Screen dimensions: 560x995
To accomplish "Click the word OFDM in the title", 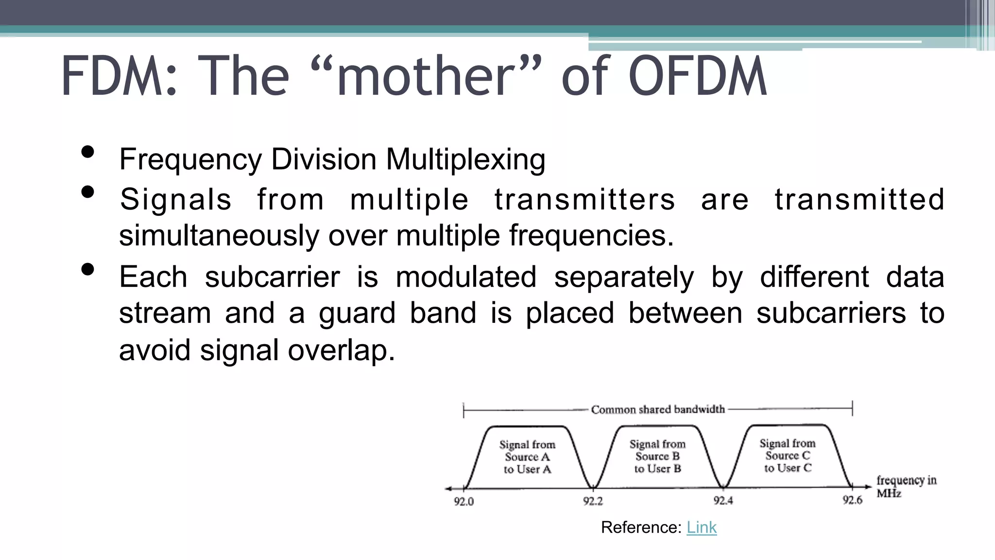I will (698, 76).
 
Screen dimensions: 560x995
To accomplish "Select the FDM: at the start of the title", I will (119, 76).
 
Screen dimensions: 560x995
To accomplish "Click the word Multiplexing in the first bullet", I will (465, 159).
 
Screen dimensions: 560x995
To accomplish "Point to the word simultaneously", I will (219, 236).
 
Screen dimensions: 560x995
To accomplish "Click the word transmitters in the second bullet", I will (584, 199).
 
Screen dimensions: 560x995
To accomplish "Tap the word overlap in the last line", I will (341, 350).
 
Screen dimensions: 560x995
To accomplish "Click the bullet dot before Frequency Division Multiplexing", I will (88, 152).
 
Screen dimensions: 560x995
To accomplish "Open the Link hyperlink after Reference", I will (701, 527).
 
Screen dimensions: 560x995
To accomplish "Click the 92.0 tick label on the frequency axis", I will (463, 502).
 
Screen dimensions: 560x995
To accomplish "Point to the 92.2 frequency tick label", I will (593, 501).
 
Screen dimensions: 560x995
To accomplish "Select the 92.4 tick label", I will (723, 501).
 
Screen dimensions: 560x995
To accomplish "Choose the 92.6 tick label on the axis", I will (852, 500).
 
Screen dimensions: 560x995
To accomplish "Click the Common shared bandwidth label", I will (658, 410).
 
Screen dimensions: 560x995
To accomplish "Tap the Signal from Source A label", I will (527, 457).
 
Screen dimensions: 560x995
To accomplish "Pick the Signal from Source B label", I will (657, 456).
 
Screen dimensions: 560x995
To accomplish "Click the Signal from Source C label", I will (788, 455).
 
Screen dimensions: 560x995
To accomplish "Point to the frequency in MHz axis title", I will (906, 487).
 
